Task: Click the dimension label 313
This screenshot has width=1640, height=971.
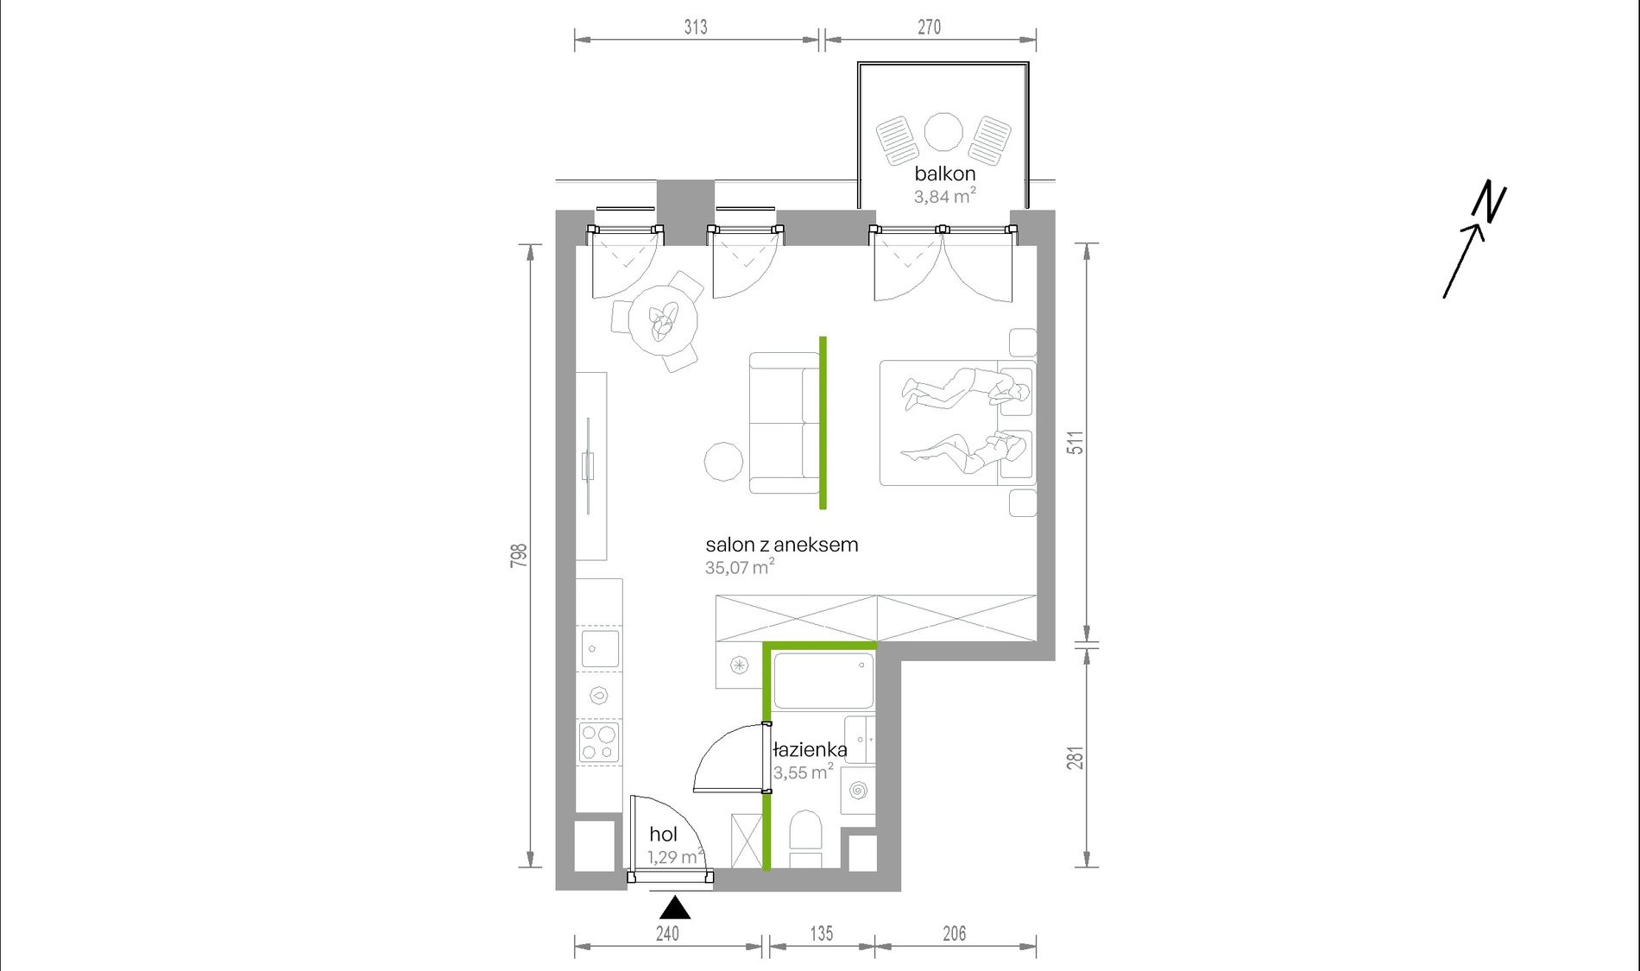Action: (x=696, y=28)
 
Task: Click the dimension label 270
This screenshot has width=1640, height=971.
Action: (x=929, y=28)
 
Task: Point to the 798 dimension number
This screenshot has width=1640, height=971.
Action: (x=519, y=555)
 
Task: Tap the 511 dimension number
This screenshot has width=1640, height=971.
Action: (x=1075, y=443)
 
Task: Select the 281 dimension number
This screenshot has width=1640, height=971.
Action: (x=1075, y=758)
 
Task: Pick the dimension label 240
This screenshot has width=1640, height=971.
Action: (x=667, y=933)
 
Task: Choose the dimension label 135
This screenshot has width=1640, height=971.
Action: (x=821, y=933)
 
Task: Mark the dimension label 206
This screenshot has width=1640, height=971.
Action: (x=954, y=933)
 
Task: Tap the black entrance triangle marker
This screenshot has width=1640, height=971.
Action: (x=675, y=908)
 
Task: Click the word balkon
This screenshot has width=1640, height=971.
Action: (x=945, y=173)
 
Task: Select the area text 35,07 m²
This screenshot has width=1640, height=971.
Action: (x=740, y=567)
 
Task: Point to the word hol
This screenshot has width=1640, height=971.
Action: (x=663, y=834)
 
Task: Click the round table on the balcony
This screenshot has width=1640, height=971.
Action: (x=943, y=132)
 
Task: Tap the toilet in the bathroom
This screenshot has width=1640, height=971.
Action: (x=806, y=830)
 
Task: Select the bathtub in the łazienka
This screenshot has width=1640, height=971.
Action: (x=823, y=681)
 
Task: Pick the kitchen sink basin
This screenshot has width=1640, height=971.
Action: (x=600, y=649)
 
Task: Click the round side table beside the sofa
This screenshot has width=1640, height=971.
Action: (x=723, y=462)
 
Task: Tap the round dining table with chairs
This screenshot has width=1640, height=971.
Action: (x=663, y=320)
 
